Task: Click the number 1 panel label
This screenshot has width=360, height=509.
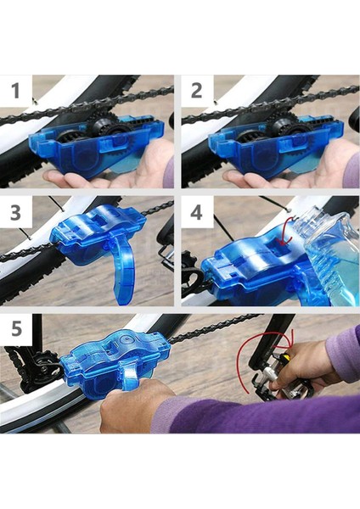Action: [15, 91]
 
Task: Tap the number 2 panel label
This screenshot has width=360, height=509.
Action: [197, 91]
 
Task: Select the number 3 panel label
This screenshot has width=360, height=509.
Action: [15, 213]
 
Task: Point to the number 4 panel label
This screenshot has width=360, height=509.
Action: [197, 213]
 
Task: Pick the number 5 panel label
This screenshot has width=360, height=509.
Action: [16, 328]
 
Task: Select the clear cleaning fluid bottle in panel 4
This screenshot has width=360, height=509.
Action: [328, 256]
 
